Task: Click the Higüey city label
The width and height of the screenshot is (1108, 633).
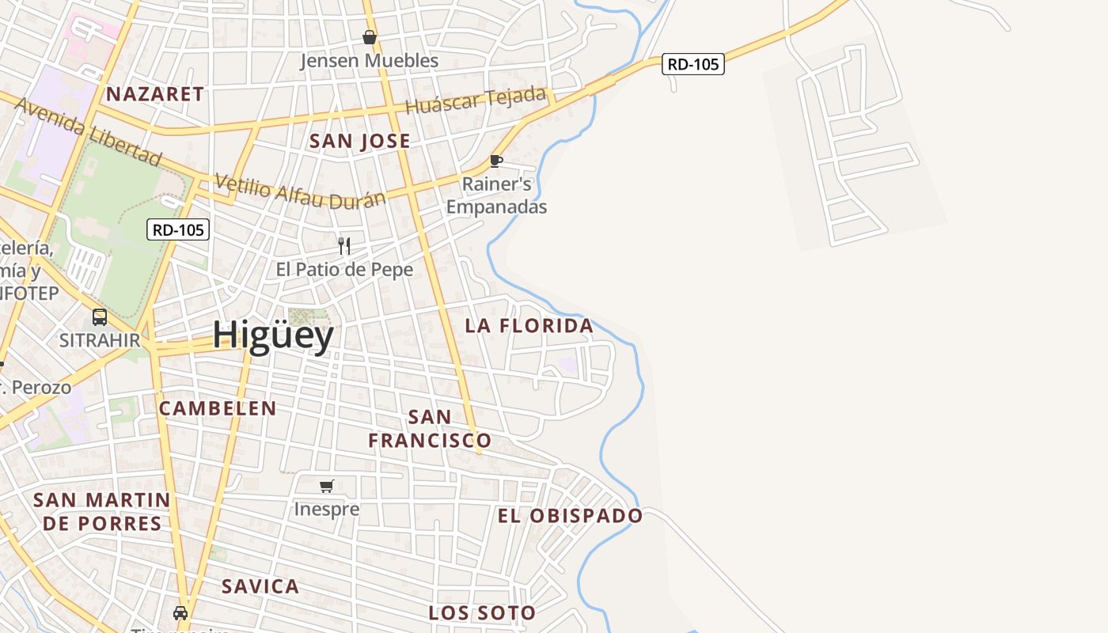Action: tap(273, 336)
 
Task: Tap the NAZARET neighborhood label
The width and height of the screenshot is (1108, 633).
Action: tap(155, 94)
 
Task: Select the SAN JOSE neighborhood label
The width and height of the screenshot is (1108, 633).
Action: tap(360, 142)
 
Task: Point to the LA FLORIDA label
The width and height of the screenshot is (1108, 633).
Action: tap(529, 326)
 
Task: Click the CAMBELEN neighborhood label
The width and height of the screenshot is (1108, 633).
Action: tap(218, 408)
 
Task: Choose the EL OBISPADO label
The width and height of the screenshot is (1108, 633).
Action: tap(570, 516)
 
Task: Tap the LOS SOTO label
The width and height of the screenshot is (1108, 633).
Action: tap(482, 612)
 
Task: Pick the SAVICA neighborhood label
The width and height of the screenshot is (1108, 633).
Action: tap(260, 586)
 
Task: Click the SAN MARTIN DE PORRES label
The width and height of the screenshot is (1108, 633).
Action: tap(102, 511)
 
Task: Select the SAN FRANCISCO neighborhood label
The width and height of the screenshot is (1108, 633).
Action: tap(430, 428)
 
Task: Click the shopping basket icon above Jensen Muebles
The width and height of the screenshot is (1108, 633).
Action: tap(370, 37)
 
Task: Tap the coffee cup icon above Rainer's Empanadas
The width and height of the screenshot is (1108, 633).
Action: tap(496, 161)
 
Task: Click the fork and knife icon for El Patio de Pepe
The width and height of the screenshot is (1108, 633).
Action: tap(344, 246)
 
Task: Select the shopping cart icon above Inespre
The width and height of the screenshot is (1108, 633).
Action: tap(327, 486)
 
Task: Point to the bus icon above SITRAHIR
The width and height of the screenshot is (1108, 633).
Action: tap(100, 317)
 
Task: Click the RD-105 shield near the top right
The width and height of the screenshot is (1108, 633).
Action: tap(693, 65)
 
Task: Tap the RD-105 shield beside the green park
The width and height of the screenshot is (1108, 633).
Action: tap(178, 230)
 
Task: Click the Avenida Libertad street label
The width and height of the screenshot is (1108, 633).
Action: tap(88, 131)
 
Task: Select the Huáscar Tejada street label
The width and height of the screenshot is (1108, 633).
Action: tap(476, 100)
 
